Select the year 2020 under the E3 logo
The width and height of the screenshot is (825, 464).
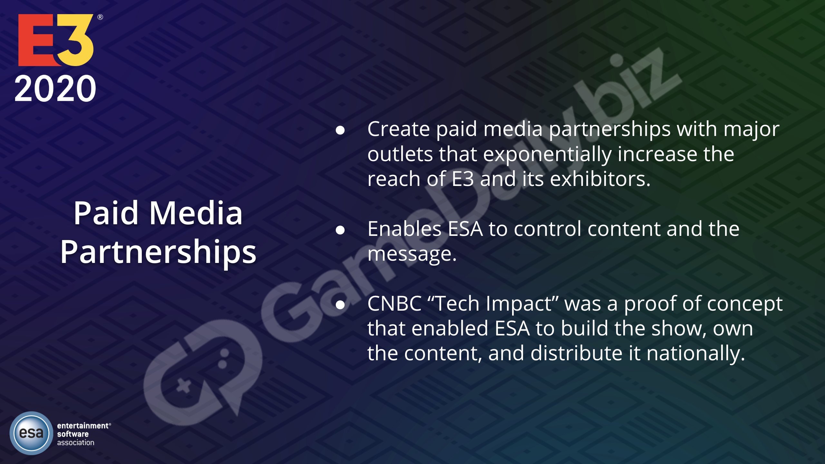(55, 89)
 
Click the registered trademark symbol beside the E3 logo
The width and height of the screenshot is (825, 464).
(100, 17)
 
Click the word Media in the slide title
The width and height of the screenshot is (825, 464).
(196, 213)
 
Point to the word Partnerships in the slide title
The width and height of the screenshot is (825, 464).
(158, 252)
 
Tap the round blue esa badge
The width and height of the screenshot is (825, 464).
(31, 433)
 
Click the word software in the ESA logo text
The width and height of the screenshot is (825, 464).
(73, 434)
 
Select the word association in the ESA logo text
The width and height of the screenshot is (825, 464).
(76, 443)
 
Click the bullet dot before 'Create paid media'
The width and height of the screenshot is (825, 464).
(340, 130)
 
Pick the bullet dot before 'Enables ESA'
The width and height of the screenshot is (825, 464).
(340, 230)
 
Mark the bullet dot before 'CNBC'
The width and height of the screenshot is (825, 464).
(340, 305)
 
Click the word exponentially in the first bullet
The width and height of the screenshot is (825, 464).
(547, 155)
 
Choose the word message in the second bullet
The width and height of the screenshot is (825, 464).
(412, 254)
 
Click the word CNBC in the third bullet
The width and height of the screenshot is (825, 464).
(394, 304)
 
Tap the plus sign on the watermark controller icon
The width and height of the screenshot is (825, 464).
(184, 386)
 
